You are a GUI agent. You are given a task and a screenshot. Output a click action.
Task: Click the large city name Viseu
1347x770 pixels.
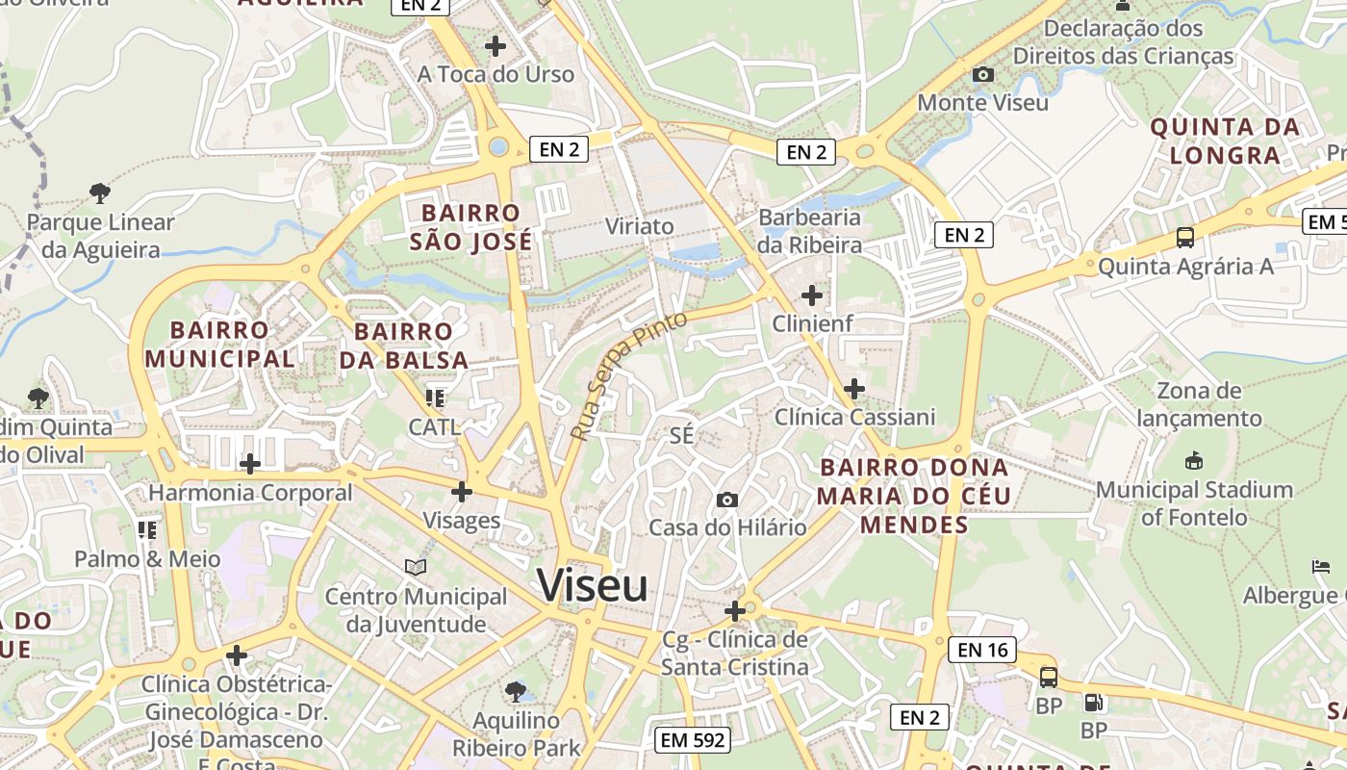click(x=593, y=585)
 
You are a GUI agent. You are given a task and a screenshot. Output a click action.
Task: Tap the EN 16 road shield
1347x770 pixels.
click(x=982, y=650)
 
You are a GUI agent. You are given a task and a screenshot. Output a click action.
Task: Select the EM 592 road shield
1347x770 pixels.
click(x=692, y=740)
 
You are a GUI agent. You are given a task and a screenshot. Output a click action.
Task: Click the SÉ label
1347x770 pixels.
click(x=681, y=435)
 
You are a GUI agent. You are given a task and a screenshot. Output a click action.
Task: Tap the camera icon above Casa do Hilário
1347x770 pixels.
click(x=727, y=500)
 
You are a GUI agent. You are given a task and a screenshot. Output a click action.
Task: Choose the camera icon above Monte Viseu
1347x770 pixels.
click(x=982, y=74)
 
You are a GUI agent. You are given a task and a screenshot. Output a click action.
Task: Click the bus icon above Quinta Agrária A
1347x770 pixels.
click(x=1184, y=238)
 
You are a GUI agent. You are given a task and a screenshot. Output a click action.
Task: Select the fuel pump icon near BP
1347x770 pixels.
click(x=1092, y=704)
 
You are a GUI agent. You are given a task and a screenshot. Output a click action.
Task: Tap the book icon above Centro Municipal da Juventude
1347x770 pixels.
click(x=415, y=568)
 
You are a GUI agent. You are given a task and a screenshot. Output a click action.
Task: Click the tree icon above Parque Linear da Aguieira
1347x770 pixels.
click(x=99, y=193)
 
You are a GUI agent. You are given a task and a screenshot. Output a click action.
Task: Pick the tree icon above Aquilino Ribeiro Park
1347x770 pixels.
click(x=516, y=691)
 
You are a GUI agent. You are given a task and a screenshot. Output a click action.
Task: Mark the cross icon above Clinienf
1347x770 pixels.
click(x=812, y=295)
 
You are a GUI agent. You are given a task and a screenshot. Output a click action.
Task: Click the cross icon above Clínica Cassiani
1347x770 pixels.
click(x=853, y=389)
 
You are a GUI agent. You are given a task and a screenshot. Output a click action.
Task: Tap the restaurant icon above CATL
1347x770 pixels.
click(x=434, y=398)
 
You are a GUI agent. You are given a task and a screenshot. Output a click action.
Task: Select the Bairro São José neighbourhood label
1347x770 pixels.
click(x=470, y=227)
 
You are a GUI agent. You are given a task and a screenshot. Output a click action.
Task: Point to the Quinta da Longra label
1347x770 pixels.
click(x=1225, y=141)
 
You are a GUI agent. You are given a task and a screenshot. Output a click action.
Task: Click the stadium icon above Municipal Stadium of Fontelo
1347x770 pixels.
click(x=1194, y=461)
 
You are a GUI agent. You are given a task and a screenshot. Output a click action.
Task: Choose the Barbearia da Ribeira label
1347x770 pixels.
click(x=809, y=231)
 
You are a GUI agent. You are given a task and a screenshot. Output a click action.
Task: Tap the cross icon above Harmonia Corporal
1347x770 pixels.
click(x=250, y=464)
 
